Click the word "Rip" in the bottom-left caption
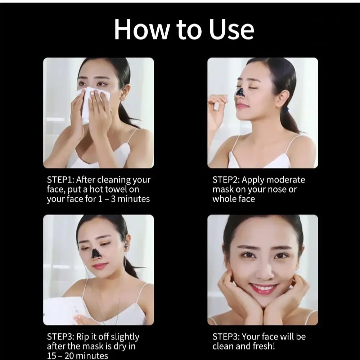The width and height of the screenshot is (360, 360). click(83, 337)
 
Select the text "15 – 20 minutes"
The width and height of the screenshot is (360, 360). click(77, 356)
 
